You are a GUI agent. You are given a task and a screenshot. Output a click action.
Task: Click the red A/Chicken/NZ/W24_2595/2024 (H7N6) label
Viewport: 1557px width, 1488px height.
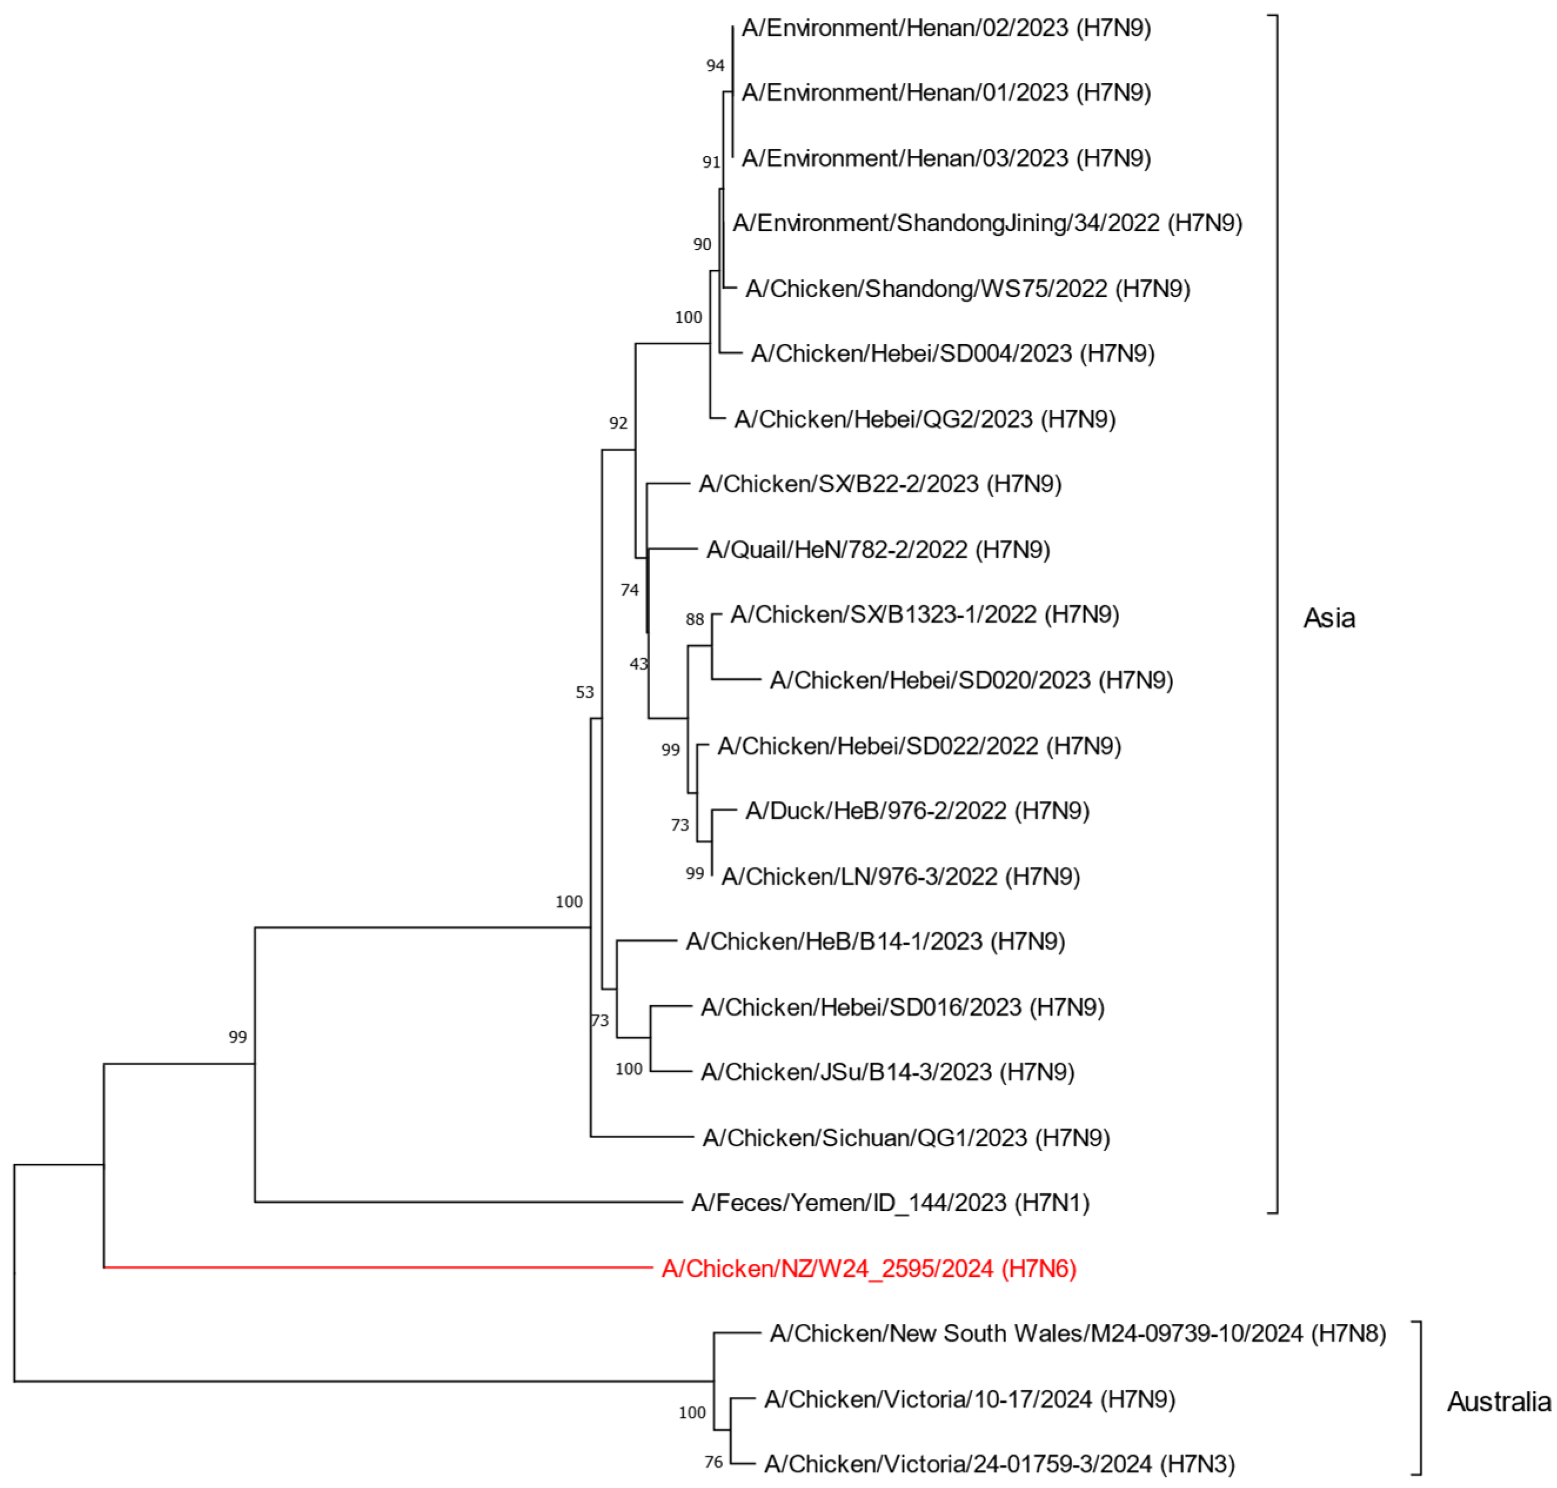pyautogui.click(x=868, y=1268)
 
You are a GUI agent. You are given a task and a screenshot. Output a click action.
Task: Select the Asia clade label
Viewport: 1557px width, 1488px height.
pyautogui.click(x=1329, y=618)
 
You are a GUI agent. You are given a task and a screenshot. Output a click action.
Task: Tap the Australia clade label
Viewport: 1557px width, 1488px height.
pyautogui.click(x=1498, y=1402)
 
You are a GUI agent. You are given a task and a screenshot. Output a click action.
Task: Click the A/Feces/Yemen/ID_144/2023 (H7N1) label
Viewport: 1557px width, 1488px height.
pyautogui.click(x=889, y=1202)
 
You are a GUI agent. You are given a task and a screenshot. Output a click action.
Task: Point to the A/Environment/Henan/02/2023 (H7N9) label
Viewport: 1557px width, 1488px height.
pyautogui.click(x=946, y=29)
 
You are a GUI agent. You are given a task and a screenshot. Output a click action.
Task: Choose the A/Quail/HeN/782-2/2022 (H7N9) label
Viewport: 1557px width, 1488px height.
pyautogui.click(x=878, y=550)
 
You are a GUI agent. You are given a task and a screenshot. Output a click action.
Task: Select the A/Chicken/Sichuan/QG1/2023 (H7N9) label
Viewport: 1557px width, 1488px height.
pyautogui.click(x=905, y=1138)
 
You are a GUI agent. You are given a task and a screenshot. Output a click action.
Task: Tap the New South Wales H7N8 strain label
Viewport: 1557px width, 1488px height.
pyautogui.click(x=1077, y=1333)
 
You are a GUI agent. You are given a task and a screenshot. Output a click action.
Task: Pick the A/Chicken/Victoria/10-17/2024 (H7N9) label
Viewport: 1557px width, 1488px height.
pyautogui.click(x=969, y=1399)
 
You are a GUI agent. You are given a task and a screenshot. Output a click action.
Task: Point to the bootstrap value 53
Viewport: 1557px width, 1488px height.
pyautogui.click(x=584, y=692)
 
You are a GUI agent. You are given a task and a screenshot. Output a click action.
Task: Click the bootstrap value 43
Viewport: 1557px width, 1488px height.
pyautogui.click(x=638, y=664)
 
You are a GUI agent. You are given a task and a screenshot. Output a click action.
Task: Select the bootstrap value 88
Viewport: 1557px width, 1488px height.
pyautogui.click(x=695, y=619)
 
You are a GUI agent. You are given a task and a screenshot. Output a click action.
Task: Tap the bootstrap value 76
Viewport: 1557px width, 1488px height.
pyautogui.click(x=713, y=1462)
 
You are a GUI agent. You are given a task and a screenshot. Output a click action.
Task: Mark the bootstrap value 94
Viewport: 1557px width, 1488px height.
pyautogui.click(x=715, y=66)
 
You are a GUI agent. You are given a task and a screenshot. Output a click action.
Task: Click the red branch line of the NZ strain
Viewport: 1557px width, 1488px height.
pyautogui.click(x=380, y=1267)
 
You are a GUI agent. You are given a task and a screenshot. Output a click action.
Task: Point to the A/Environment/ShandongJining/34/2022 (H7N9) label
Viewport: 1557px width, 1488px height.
pyautogui.click(x=986, y=223)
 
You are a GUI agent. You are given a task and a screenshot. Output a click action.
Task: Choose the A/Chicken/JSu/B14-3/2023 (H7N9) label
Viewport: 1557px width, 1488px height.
pyautogui.click(x=887, y=1072)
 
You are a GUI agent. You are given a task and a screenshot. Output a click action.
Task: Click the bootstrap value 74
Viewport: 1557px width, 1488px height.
pyautogui.click(x=630, y=590)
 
